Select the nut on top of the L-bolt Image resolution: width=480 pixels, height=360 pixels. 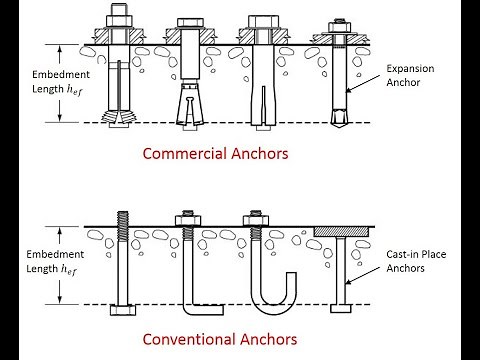tap(187, 218)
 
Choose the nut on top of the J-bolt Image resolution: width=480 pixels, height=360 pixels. tap(256, 218)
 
